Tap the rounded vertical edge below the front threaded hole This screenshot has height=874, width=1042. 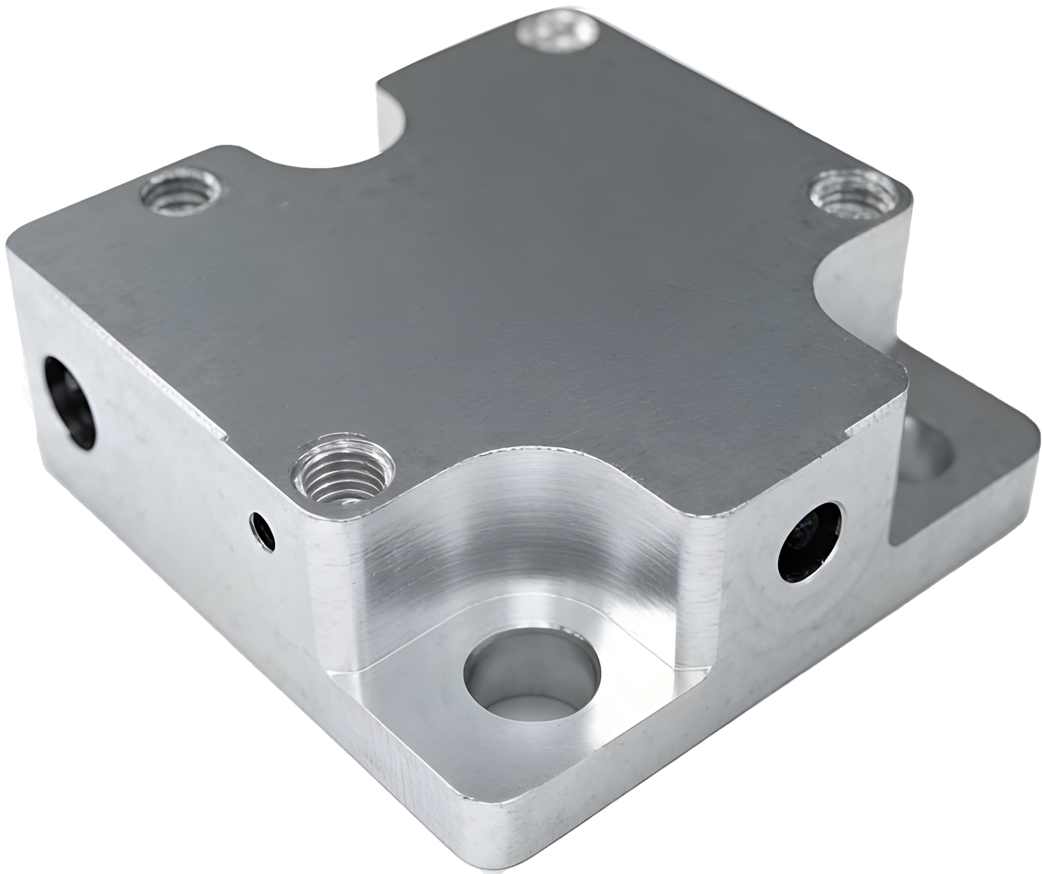[326, 573]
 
